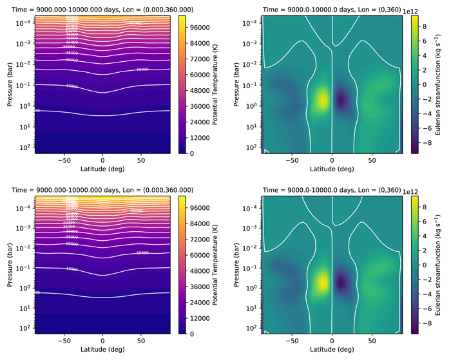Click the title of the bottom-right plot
tap(331, 190)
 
